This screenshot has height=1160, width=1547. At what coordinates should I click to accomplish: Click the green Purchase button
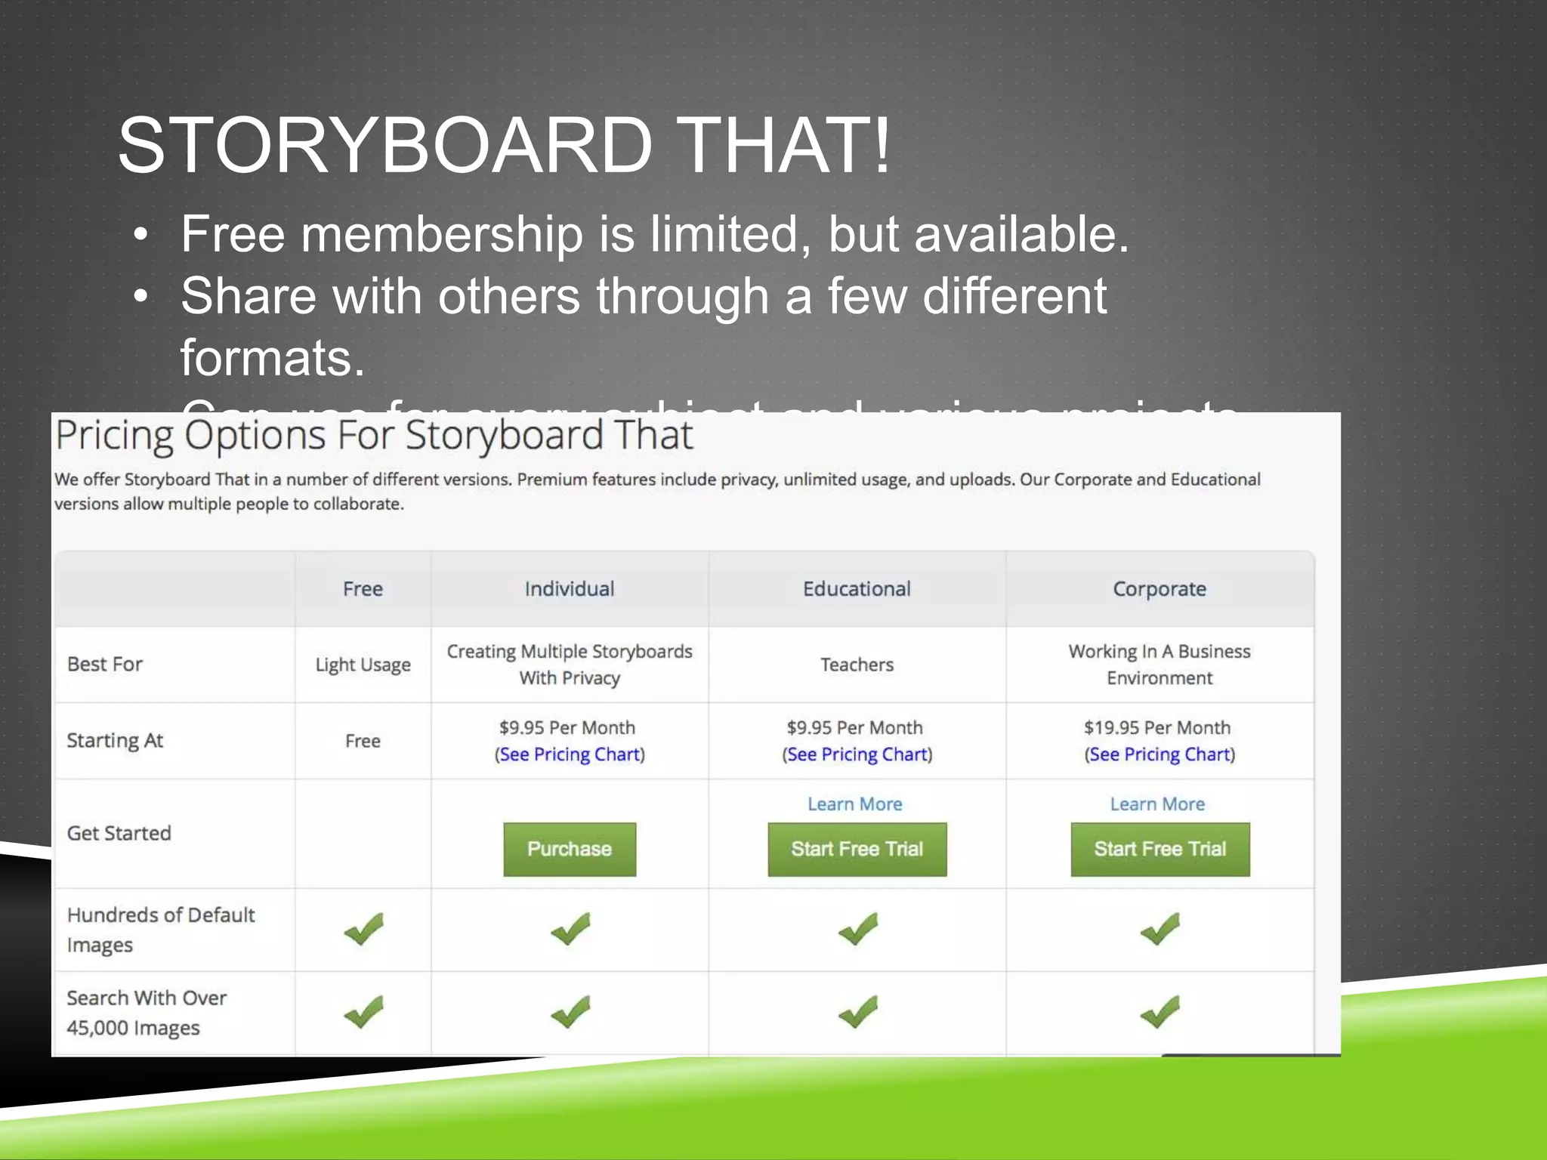[570, 849]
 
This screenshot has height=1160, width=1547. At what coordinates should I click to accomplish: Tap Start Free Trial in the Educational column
[857, 849]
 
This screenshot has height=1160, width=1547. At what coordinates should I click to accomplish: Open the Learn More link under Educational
[854, 804]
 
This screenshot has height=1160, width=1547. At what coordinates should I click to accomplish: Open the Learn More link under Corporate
[1157, 804]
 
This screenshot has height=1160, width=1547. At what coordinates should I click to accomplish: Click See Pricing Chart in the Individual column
[570, 754]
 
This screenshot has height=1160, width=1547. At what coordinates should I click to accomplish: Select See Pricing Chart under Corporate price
[1159, 754]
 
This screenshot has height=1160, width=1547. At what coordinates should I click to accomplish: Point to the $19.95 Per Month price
[1157, 727]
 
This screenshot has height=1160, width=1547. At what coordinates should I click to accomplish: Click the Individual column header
[570, 589]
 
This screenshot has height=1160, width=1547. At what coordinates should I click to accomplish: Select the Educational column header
[857, 589]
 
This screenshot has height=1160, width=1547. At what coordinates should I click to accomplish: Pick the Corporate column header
[1159, 589]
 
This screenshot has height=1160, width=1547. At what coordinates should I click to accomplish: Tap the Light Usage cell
[363, 665]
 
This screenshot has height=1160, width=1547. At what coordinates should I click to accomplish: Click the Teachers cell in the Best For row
[857, 665]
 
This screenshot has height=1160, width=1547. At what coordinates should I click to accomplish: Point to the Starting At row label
[115, 740]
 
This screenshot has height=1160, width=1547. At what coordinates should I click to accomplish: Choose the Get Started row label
[119, 833]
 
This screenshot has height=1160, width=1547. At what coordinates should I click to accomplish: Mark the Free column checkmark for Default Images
[363, 929]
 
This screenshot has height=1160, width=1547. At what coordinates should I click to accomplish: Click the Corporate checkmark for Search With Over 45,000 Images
[1159, 1012]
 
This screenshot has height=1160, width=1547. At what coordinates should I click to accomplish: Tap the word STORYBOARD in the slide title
[385, 145]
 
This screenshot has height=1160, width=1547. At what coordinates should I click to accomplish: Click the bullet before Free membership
[140, 235]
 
